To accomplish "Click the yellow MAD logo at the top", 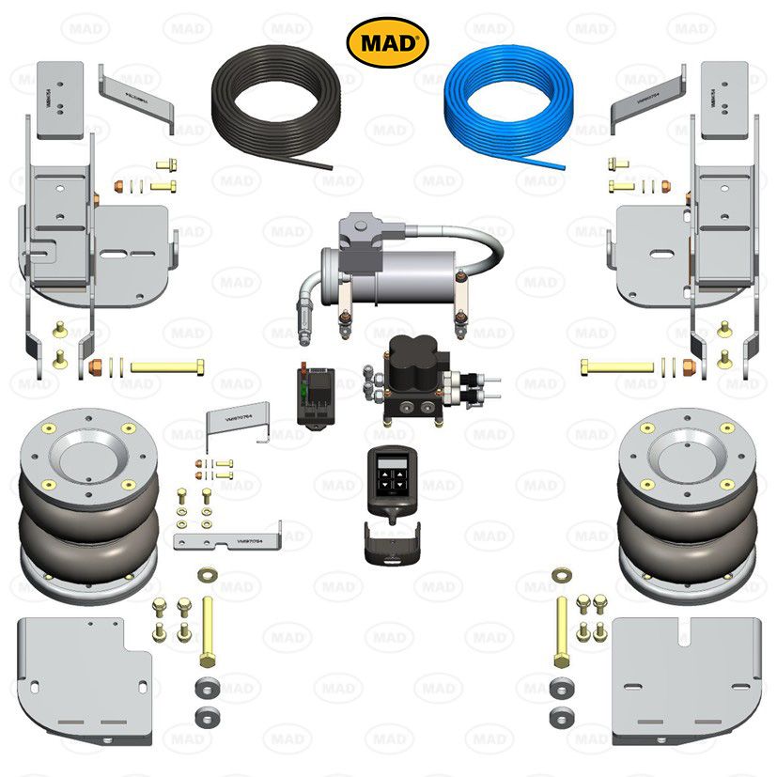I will (388, 41).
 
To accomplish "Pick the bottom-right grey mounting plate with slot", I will (685, 676).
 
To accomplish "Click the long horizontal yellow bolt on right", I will (614, 365).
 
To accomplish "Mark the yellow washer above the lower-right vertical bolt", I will (563, 572).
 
